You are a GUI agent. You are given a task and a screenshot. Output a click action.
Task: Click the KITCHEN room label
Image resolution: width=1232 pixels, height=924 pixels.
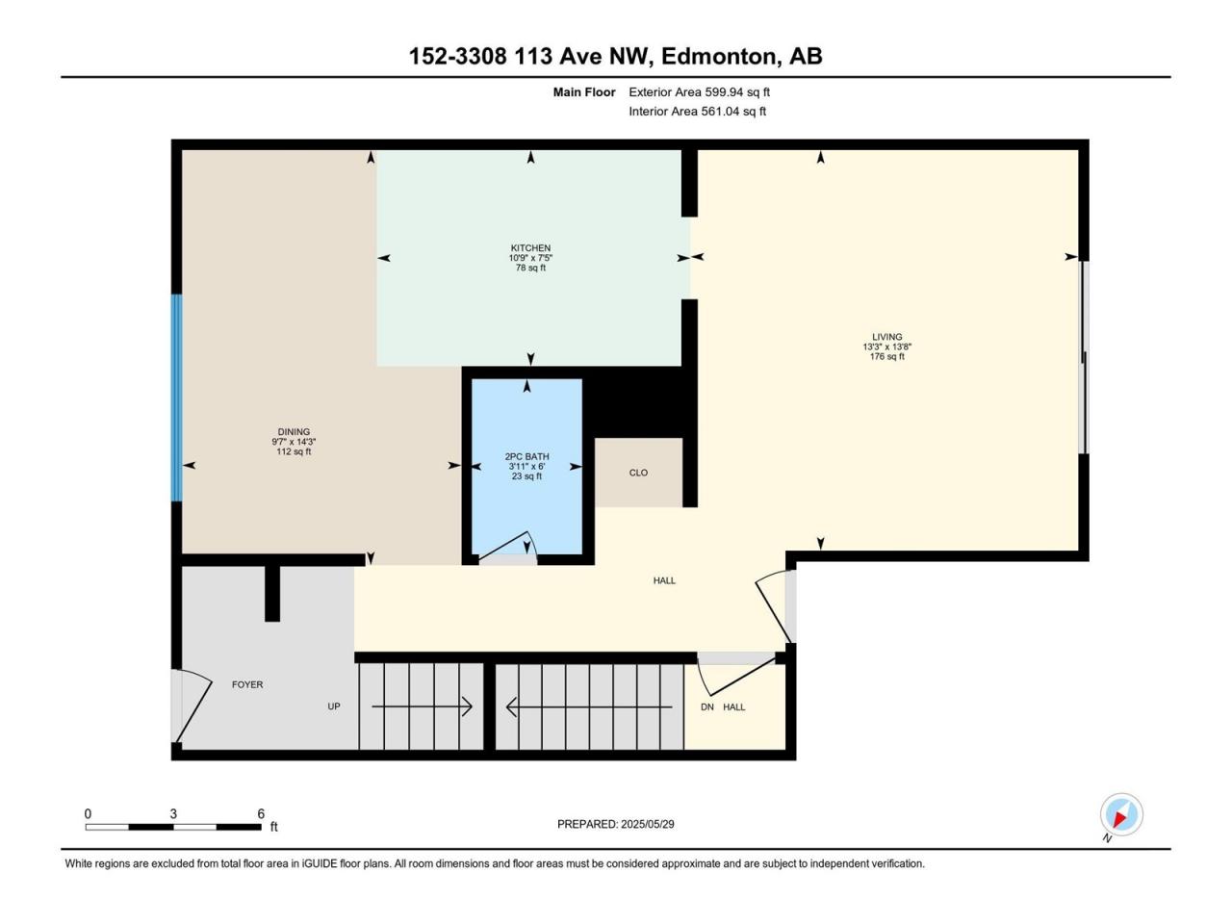pos(529,248)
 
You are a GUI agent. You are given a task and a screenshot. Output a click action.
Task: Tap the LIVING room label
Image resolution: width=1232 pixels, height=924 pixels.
pos(886,337)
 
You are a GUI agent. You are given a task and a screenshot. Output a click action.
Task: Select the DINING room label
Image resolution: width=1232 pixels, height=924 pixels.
pos(294,432)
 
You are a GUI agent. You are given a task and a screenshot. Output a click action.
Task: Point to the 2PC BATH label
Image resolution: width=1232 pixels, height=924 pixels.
pos(526,456)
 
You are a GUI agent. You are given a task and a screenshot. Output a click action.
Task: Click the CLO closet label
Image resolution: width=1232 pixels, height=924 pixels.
pos(638,473)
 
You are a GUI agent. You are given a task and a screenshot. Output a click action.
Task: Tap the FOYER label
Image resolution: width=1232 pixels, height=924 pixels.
pos(247,684)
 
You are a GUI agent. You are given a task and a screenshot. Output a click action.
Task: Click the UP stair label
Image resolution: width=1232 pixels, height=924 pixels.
pos(333,706)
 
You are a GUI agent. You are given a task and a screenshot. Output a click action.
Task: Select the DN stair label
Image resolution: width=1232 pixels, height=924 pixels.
pos(707,706)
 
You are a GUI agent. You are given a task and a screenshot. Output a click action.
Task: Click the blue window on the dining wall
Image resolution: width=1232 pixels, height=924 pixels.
pos(176,398)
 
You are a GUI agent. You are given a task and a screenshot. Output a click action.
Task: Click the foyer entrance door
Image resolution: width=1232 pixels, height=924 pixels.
pos(192,706)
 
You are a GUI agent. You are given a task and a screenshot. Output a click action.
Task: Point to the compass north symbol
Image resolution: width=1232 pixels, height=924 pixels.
pos(1121,814)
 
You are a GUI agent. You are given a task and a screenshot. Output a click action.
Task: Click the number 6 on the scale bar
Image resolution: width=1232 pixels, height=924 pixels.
pos(261,813)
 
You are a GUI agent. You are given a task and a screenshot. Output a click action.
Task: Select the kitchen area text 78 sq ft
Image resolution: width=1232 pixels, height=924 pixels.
pos(529,268)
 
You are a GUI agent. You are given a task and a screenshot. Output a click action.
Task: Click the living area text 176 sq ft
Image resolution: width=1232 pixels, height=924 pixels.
pos(886,356)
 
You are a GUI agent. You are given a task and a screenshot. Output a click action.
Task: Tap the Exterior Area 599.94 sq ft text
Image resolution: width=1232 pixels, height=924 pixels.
pos(699,92)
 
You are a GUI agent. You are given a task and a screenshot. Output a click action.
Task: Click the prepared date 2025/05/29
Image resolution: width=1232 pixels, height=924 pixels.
pos(647,824)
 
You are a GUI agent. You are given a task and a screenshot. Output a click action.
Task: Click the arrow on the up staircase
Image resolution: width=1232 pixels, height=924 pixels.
pos(422,706)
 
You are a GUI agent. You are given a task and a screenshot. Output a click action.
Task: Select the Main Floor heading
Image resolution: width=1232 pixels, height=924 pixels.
pos(583,92)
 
